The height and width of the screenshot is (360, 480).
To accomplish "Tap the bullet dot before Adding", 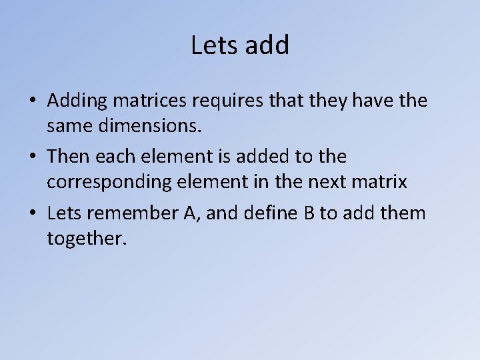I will tap(33, 102).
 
